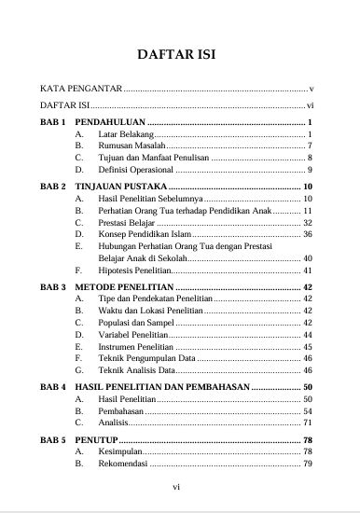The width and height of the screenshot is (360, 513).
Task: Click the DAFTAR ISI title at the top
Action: tap(177, 53)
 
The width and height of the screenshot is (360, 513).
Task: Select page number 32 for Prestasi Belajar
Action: tap(307, 223)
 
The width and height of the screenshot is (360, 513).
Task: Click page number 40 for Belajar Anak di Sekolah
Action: tap(307, 257)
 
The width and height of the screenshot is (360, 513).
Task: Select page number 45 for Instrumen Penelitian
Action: tap(307, 346)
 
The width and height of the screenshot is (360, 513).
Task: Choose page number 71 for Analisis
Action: tap(307, 423)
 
